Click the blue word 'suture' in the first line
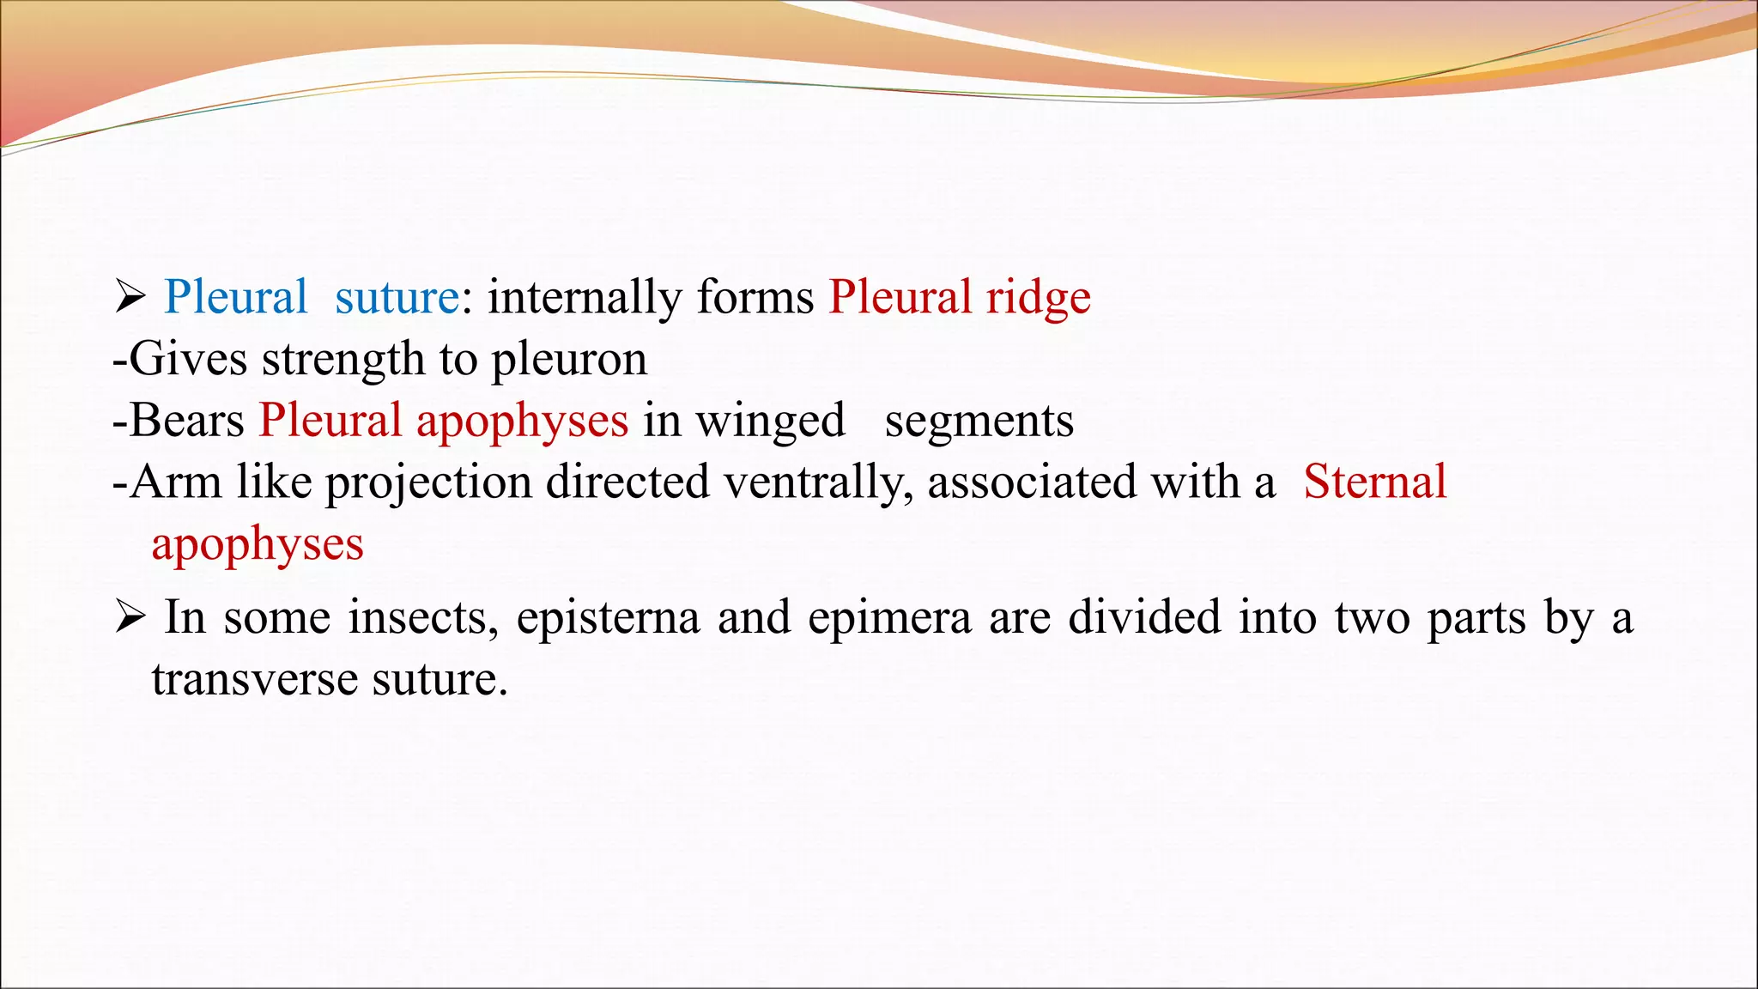pos(397,298)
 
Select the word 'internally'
pos(584,298)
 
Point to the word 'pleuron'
pos(568,360)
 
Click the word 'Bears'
pos(187,422)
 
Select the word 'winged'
pos(769,422)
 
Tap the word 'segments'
pos(979,422)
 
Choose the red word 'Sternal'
pos(1374,482)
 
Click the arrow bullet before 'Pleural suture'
pos(130,298)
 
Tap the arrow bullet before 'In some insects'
pos(130,617)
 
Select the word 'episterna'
pos(608,618)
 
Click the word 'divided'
pos(1143,618)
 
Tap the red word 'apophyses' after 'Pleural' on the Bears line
pos(522,422)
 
